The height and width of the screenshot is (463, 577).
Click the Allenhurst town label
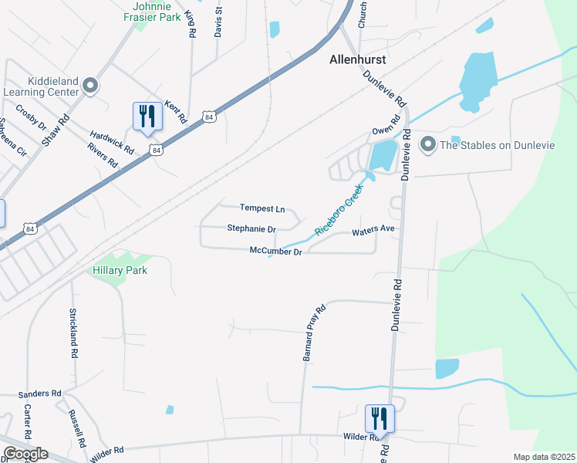[x=357, y=59]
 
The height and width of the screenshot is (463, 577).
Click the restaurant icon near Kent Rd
[x=147, y=117]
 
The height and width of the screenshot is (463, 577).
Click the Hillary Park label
[x=120, y=270]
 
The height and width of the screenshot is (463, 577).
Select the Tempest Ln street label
[x=262, y=208]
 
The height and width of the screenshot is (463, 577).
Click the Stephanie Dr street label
[x=251, y=229]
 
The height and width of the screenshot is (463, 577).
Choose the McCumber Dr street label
[x=275, y=250]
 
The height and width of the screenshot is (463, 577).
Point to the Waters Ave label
[x=373, y=231]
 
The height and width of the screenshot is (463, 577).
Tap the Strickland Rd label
[x=74, y=333]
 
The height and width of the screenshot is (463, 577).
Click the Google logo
[x=25, y=454]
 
